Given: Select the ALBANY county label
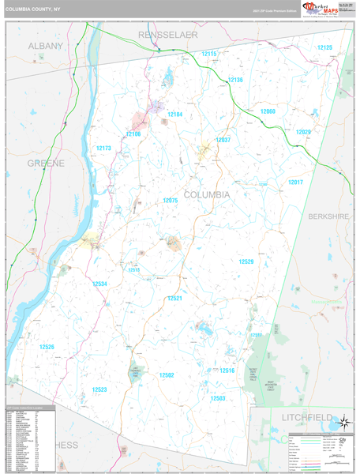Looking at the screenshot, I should click(45, 46).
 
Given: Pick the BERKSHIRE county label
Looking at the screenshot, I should click(328, 216).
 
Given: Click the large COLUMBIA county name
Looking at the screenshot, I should click(207, 194).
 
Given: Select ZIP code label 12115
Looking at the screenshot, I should click(209, 53).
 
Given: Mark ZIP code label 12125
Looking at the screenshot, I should click(324, 47).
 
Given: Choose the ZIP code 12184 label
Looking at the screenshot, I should click(174, 115).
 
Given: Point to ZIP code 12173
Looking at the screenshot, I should click(103, 148).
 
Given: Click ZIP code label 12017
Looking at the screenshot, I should click(295, 182).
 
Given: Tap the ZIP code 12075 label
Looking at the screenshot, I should click(171, 201).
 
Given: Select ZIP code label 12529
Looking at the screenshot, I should click(247, 261).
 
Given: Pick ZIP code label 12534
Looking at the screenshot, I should click(99, 283).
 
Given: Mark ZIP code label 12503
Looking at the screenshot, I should click(218, 398).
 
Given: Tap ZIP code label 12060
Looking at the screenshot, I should click(268, 111).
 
